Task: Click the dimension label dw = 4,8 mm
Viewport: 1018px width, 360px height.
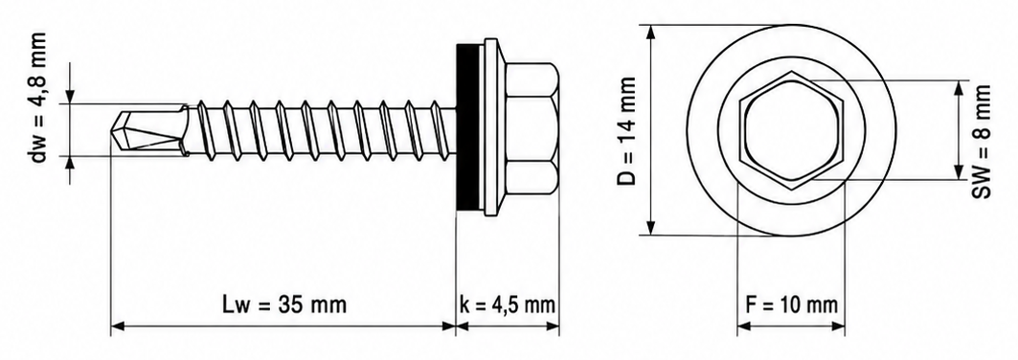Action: [38, 98]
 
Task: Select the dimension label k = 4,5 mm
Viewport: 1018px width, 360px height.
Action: [507, 304]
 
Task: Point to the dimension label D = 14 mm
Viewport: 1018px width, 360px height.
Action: [626, 130]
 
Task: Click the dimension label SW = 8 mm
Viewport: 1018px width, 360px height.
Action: [984, 141]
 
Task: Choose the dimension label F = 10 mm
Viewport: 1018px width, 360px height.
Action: [791, 304]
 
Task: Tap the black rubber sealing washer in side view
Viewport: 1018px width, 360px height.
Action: [467, 128]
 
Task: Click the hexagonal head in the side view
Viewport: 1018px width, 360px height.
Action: [530, 129]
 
